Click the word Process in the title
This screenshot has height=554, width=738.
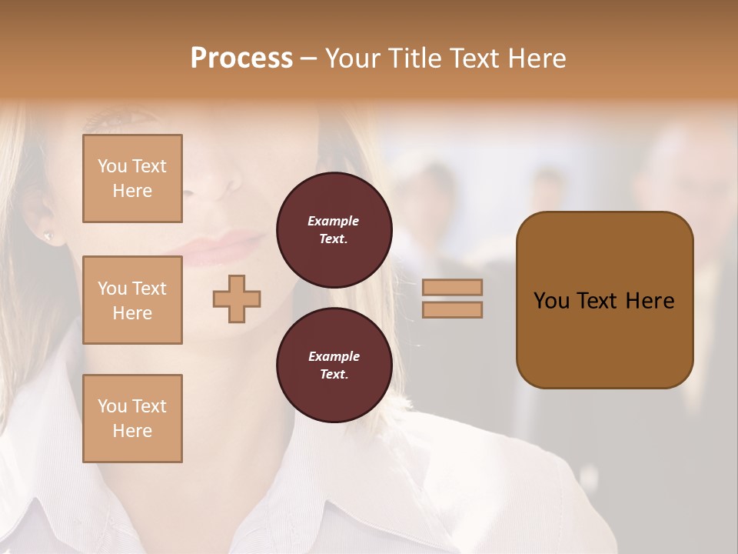coord(241,58)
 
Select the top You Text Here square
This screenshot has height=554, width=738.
coord(132,179)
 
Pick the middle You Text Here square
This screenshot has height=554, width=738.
coord(132,300)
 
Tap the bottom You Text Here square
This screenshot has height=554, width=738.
coord(132,419)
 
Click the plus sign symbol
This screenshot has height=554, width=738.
coord(237,299)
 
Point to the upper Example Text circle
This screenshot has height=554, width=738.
coord(334,230)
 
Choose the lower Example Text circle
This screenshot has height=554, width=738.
coord(334,365)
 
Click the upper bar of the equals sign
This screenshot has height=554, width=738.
coord(453,287)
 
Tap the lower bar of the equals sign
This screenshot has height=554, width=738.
coord(453,309)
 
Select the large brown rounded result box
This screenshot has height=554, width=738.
coord(604,300)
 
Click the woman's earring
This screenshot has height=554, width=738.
coord(49,235)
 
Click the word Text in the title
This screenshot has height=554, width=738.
coord(473,58)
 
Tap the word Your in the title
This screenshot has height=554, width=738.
coord(352,58)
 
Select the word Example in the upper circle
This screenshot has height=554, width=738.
coord(334,221)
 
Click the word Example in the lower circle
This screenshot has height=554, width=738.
coord(334,356)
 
